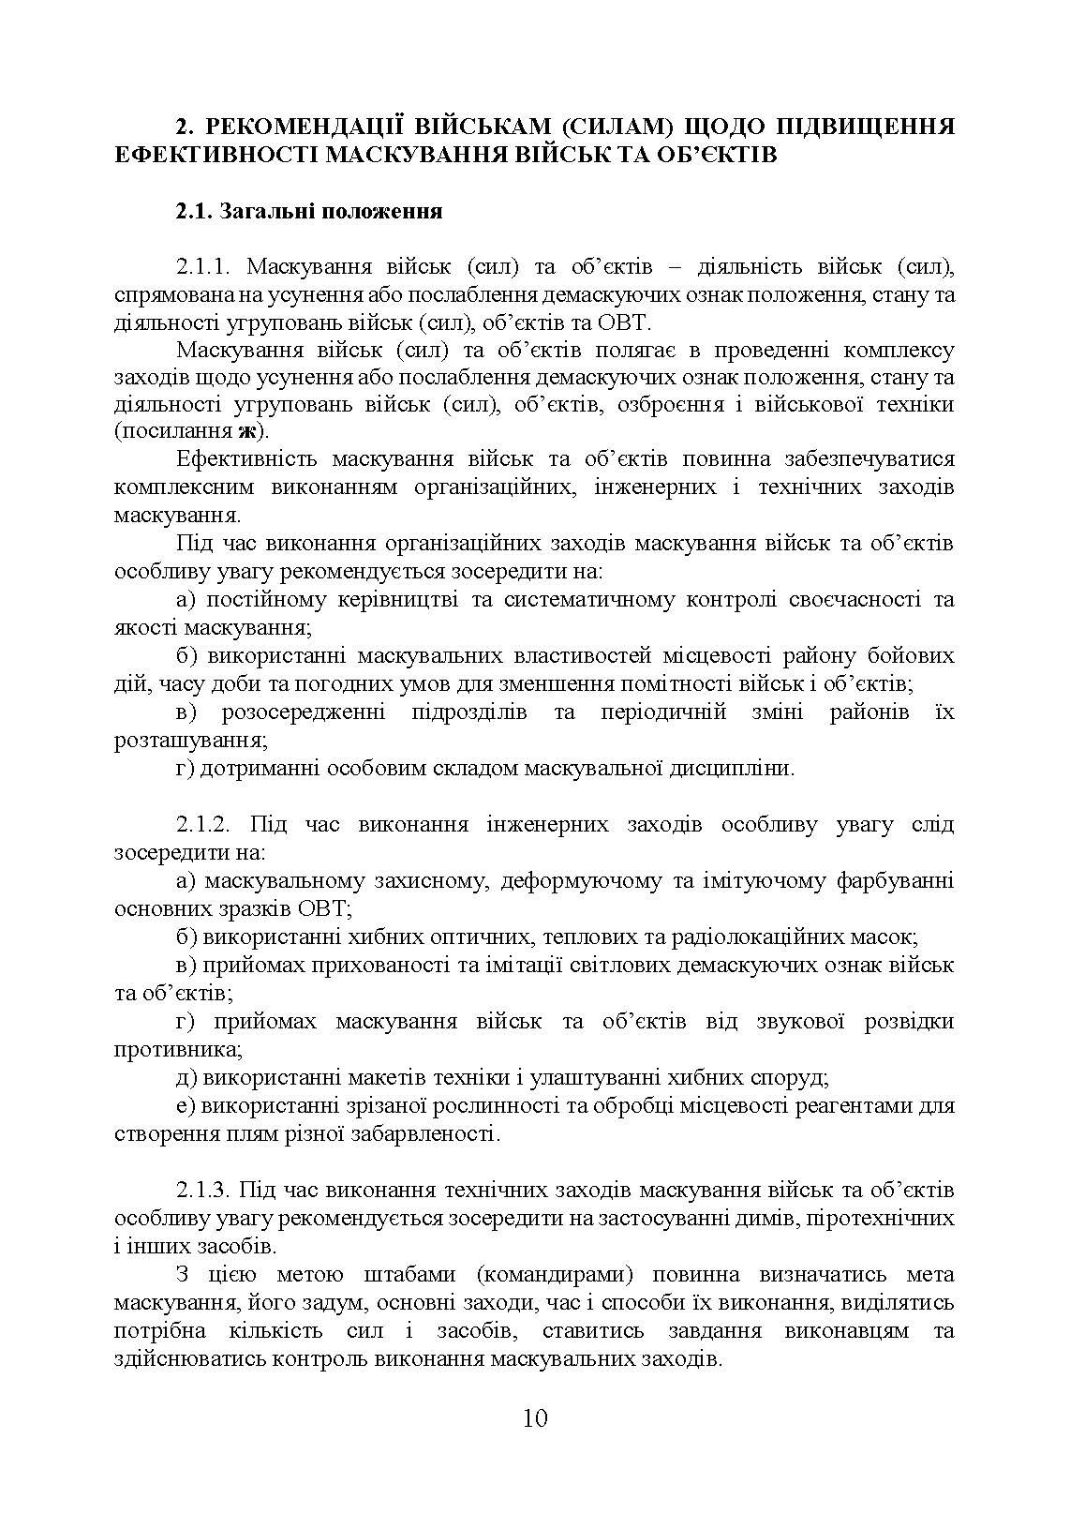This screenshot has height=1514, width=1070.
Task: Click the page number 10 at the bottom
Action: coord(535,1417)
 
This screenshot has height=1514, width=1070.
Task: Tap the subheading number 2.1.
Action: coord(194,211)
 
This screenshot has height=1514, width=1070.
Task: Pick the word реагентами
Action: coord(860,1105)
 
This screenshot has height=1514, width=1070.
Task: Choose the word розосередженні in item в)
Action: coord(304,712)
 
